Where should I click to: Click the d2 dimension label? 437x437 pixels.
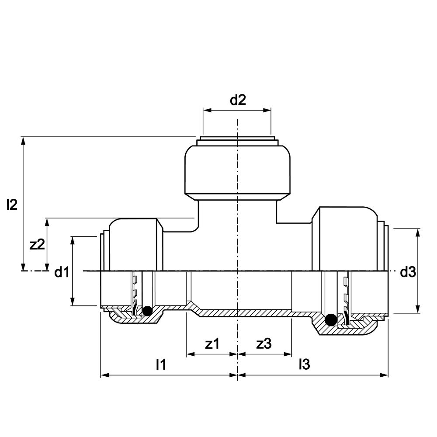point(238,100)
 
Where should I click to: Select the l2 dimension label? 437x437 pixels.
point(12,205)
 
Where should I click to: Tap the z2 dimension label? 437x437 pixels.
point(37,244)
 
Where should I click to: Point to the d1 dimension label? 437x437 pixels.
point(62,272)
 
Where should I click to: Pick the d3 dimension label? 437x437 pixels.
point(408,272)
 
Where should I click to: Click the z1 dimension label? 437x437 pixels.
point(212,343)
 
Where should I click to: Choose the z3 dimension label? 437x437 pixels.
point(264,343)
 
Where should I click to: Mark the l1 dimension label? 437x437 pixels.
point(161,364)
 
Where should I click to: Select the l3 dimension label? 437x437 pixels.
point(304,364)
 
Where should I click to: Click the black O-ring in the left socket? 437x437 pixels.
point(147,311)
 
